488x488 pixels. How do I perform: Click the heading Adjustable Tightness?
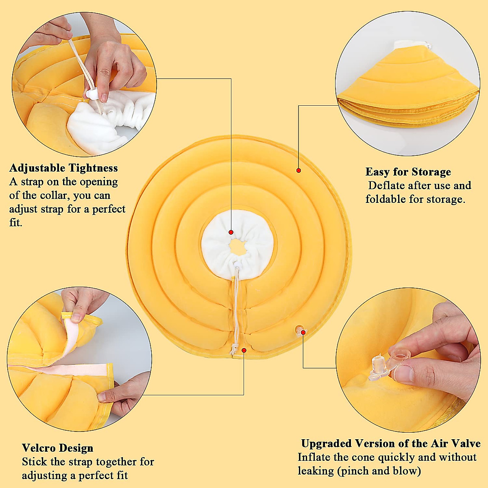pos(63,168)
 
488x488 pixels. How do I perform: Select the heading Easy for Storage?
pos(408,172)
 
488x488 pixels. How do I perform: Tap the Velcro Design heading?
pos(57,448)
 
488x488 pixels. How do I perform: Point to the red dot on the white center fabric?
pos(231,232)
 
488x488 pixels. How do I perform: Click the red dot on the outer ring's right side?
pos(298,170)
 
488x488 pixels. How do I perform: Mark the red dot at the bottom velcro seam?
pos(244,350)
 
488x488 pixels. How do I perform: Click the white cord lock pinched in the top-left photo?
pos(92,95)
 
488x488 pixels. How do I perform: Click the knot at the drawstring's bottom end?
pos(234,349)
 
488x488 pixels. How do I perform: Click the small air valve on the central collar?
pos(300,330)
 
